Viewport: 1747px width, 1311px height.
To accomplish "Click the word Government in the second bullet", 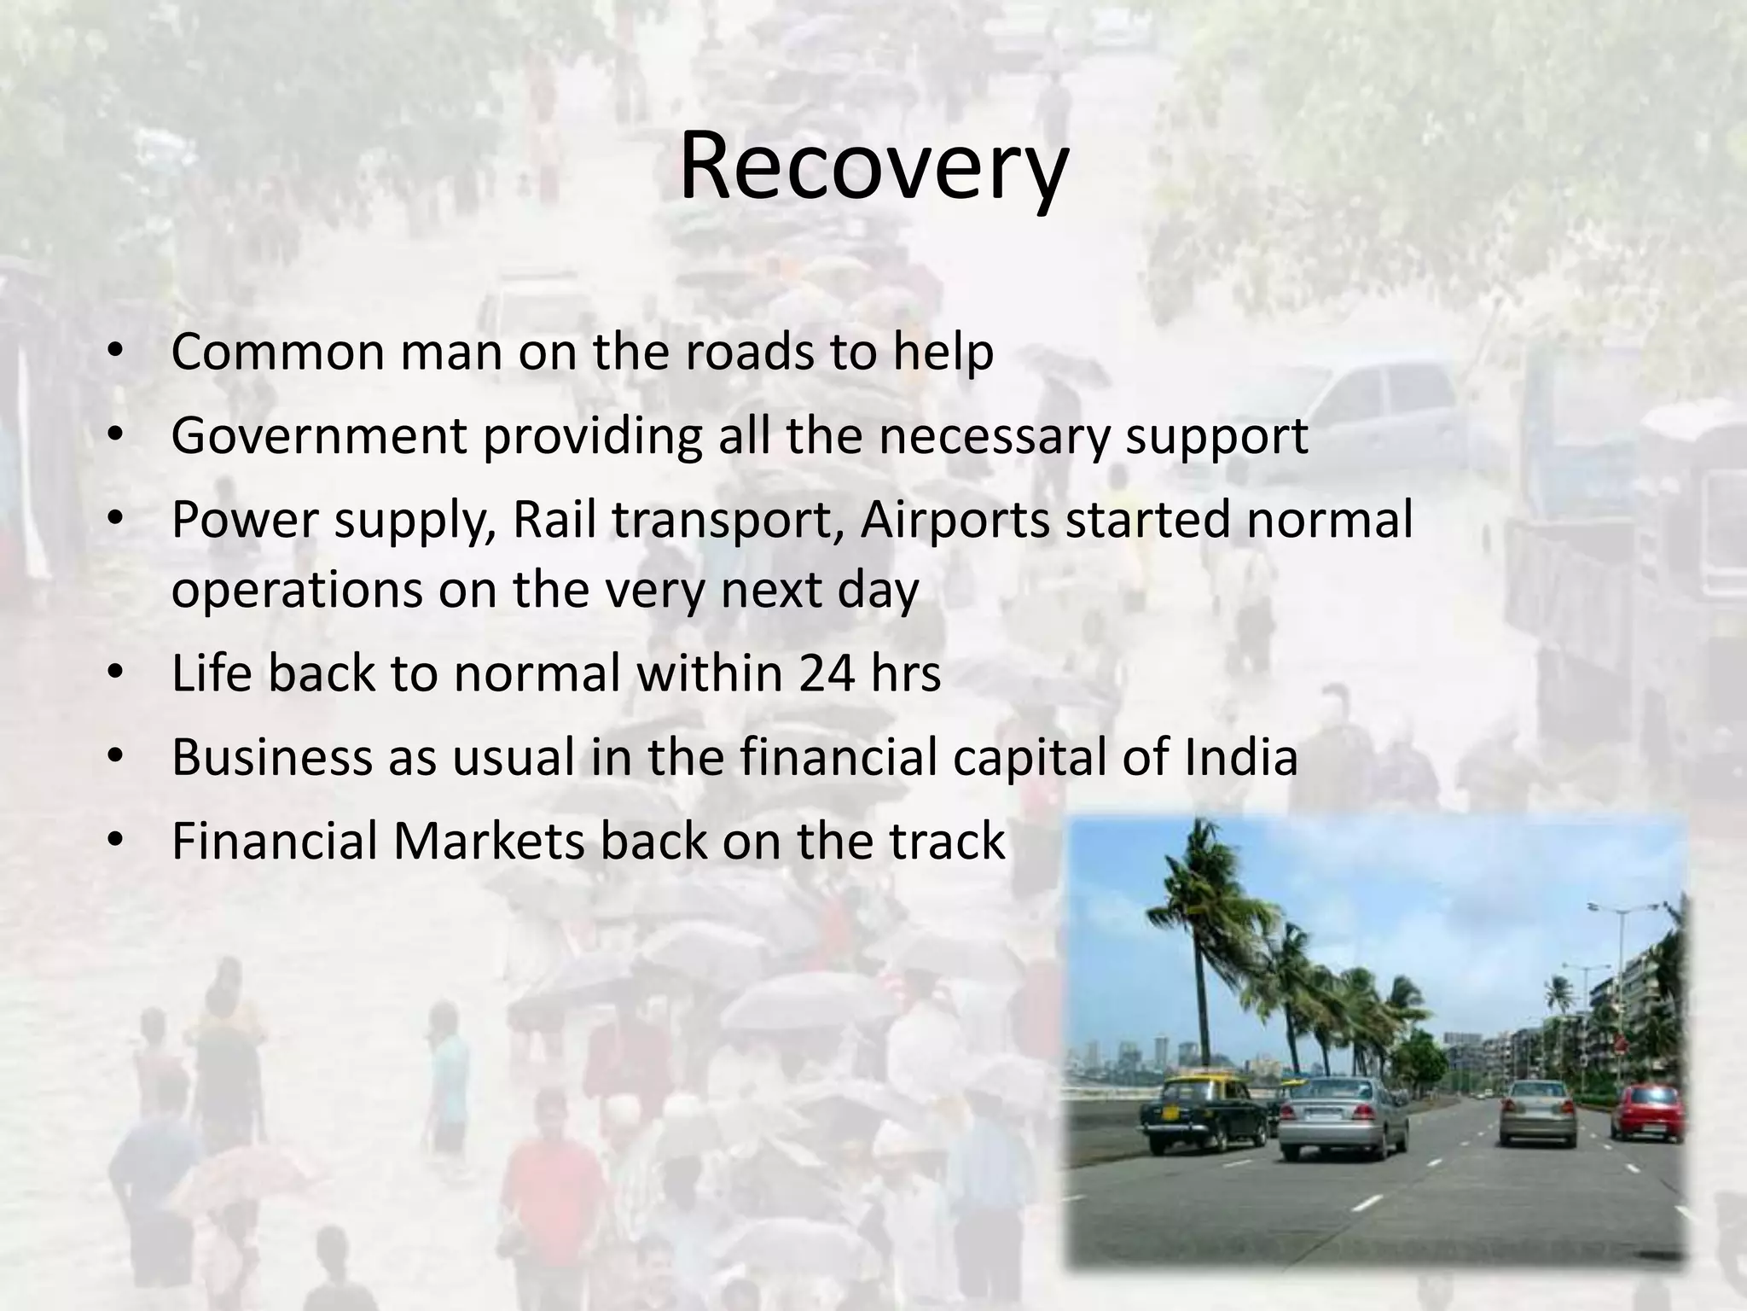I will [x=318, y=436].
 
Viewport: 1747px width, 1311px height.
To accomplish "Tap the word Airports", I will [x=955, y=520].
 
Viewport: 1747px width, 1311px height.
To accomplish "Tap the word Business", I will [x=272, y=757].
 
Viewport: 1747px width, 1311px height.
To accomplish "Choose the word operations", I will [x=297, y=590].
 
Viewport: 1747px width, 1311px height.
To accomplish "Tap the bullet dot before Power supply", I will [x=117, y=520].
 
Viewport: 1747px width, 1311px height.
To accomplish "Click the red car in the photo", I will [x=1646, y=1111].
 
